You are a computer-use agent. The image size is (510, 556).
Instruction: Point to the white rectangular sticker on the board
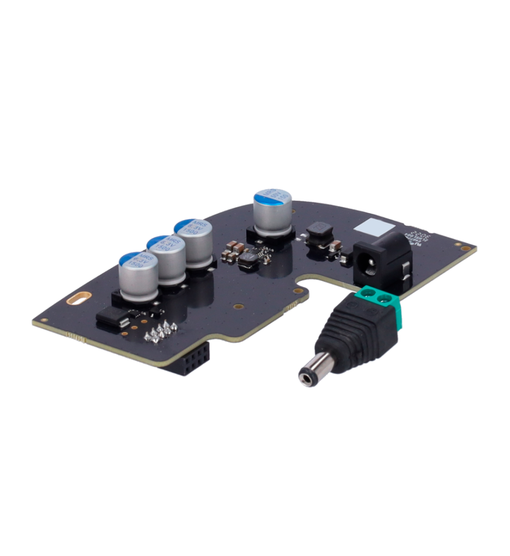pos(374,226)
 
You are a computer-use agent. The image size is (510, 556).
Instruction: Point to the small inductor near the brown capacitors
pos(249,260)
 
